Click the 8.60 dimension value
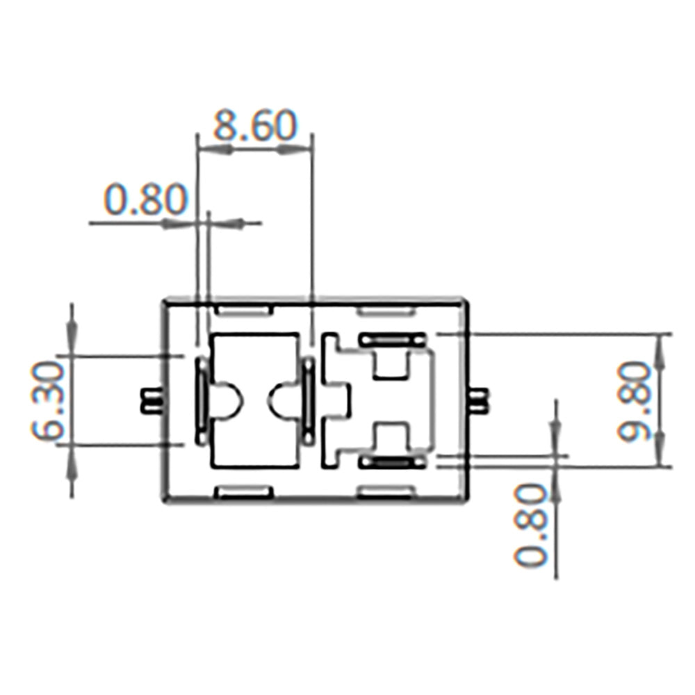pos(255,126)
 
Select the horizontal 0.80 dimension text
pos(145,199)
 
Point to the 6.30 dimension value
pos(48,401)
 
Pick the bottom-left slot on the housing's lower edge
pos(243,492)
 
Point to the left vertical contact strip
pos(202,400)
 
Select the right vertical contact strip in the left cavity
pos(306,400)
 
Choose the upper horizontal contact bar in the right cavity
pos(393,340)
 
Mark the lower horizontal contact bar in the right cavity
pos(393,461)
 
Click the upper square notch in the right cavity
pos(389,363)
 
